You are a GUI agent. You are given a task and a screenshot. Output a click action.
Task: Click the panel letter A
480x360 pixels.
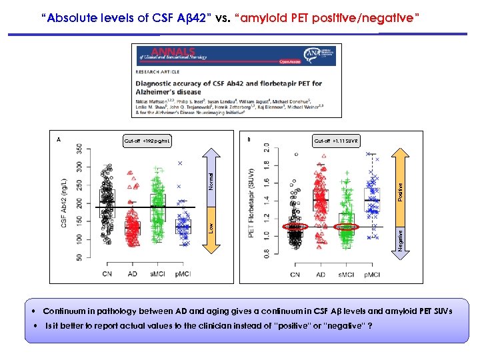(59, 140)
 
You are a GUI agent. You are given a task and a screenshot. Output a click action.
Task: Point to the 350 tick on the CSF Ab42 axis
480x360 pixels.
(80, 147)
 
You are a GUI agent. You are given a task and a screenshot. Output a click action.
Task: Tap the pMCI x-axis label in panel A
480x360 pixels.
(183, 274)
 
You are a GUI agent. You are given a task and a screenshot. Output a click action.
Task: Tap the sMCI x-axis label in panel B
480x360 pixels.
(346, 274)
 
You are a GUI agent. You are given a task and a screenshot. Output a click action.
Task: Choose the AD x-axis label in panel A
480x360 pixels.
(132, 274)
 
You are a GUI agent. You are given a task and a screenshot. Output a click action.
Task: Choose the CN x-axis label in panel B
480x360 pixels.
(294, 274)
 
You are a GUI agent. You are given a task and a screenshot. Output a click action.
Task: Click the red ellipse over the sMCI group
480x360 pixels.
(345, 228)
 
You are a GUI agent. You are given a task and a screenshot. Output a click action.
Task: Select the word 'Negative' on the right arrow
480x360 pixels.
(400, 239)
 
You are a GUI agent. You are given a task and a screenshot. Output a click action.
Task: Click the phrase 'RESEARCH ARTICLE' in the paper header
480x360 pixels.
(157, 70)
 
